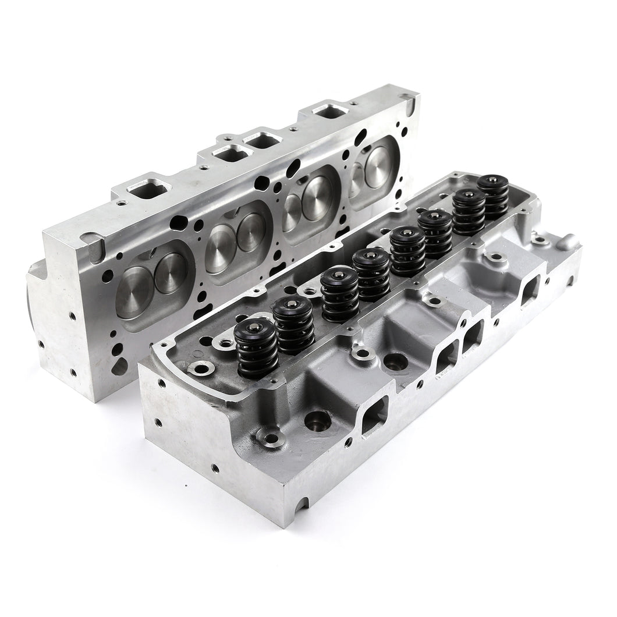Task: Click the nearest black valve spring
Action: pyautogui.click(x=257, y=350)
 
